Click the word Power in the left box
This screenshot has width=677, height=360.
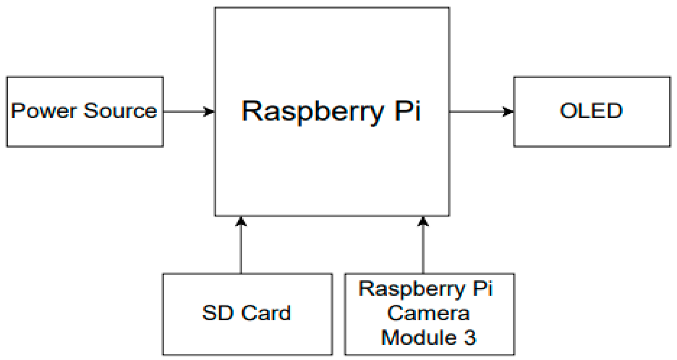pos(44,111)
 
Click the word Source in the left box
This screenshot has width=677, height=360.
pos(120,111)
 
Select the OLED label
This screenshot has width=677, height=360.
pos(591,111)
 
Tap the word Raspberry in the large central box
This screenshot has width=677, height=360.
pos(312,111)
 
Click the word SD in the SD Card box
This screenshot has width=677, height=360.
pos(217,313)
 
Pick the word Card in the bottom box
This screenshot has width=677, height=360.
pos(266,313)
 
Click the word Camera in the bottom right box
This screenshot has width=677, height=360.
pos(428,313)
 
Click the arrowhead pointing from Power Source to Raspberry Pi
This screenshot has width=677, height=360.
pos(209,112)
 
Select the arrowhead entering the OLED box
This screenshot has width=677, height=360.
pos(508,112)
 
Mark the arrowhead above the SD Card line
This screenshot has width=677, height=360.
pos(241,222)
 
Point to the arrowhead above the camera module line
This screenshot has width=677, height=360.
pos(423,222)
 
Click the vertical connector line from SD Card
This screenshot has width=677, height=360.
pos(241,251)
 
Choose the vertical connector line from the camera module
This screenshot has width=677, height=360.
pos(423,251)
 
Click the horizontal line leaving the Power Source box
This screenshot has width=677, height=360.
pos(183,112)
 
